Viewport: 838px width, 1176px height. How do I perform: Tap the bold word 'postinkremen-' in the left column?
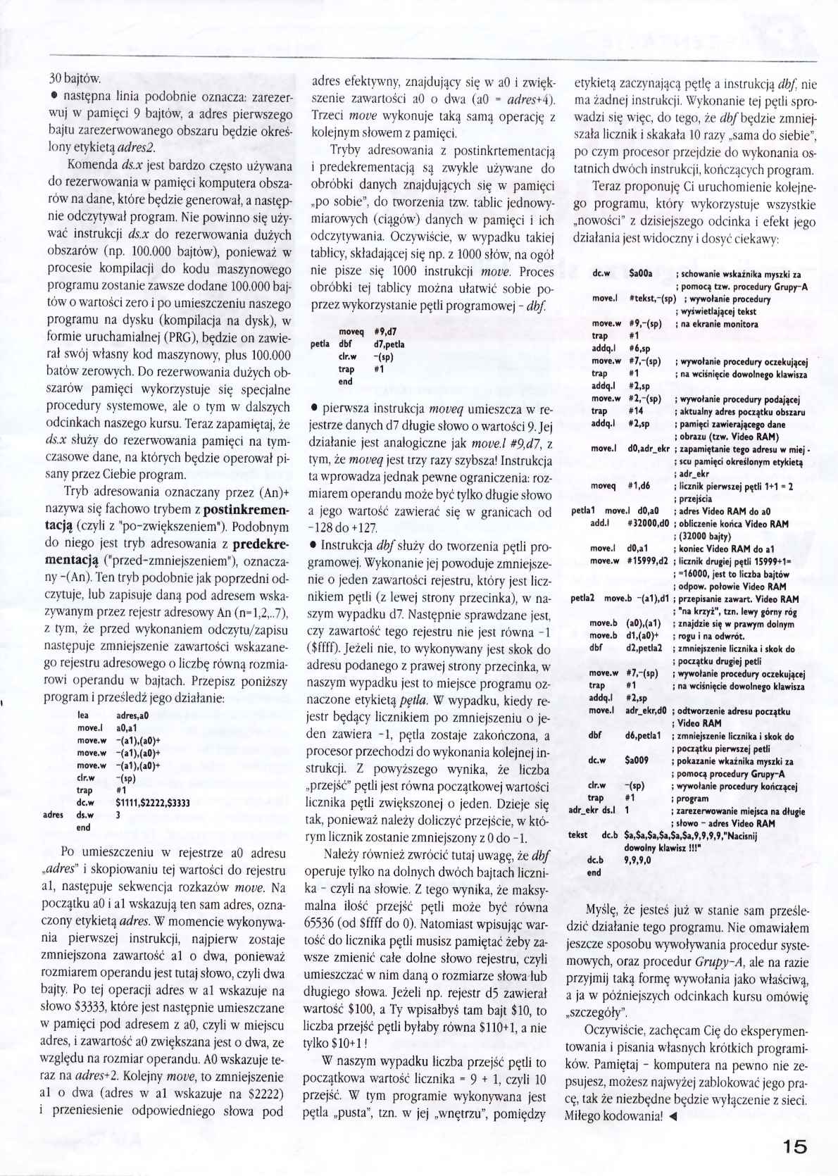pyautogui.click(x=237, y=508)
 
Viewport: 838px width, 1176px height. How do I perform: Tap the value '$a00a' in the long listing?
pyautogui.click(x=641, y=273)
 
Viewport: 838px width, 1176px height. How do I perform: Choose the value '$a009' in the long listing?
pyautogui.click(x=637, y=761)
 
